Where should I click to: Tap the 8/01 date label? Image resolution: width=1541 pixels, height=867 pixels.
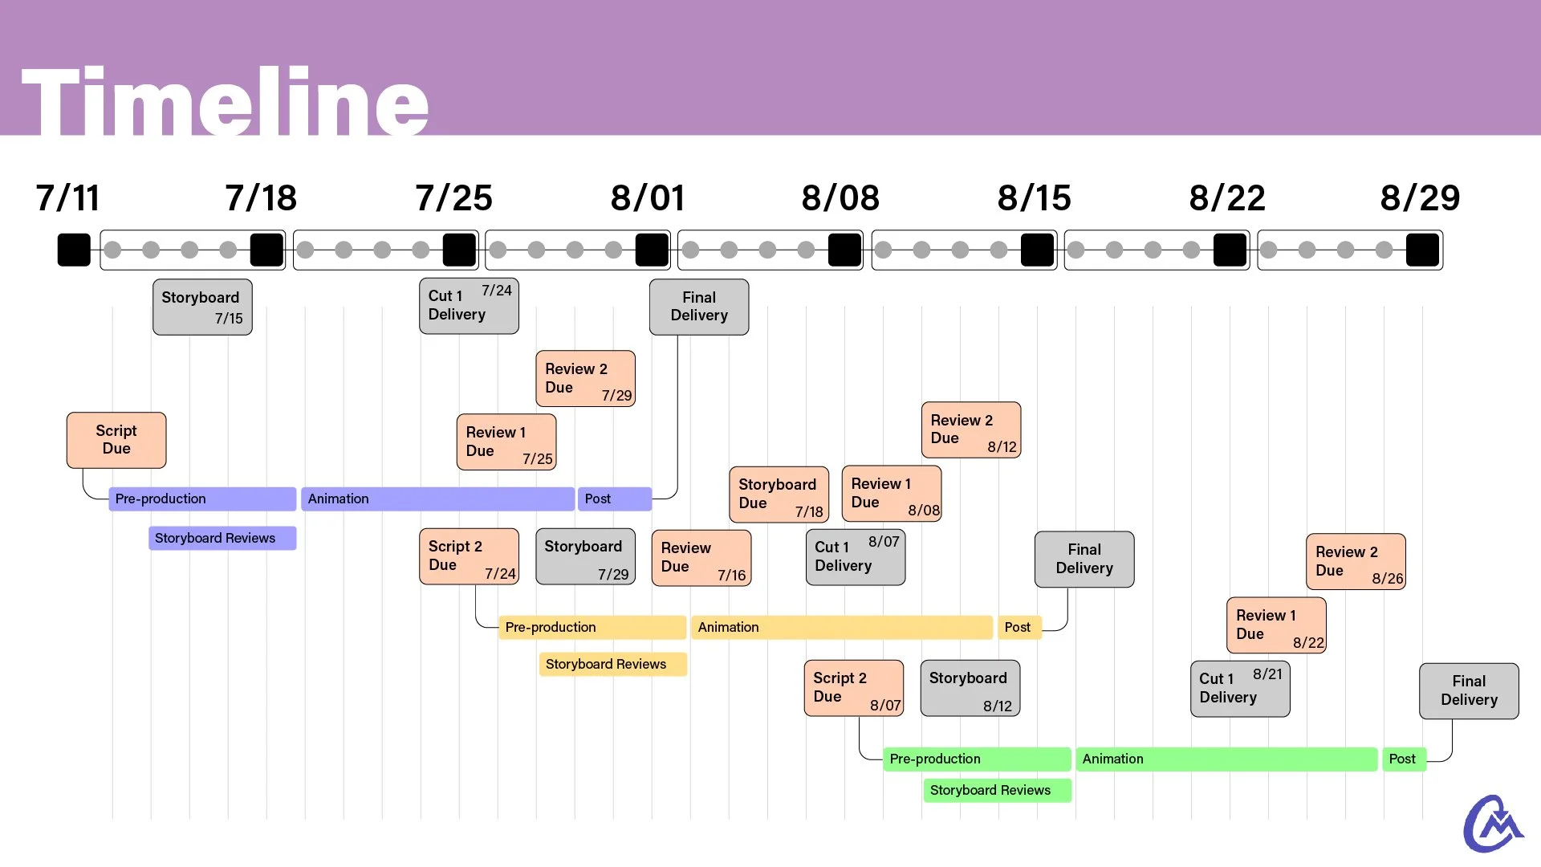(647, 198)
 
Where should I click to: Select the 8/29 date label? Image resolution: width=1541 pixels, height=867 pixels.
(1419, 198)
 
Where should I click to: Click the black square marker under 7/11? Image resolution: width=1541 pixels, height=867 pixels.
(74, 250)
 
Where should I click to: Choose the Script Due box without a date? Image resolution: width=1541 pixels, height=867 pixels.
(116, 440)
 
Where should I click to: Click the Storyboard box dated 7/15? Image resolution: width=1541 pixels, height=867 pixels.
(202, 307)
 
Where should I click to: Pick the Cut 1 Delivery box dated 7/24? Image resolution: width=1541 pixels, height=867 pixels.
(469, 306)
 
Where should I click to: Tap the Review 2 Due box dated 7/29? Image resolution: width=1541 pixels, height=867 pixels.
(585, 378)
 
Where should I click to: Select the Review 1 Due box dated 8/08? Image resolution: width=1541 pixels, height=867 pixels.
(891, 494)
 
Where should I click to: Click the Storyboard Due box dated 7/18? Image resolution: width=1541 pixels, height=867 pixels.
(779, 495)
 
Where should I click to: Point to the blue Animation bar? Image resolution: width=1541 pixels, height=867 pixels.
(437, 499)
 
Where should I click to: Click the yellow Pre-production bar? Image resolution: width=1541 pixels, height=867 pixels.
(592, 627)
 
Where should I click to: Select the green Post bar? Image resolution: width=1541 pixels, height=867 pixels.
(1403, 759)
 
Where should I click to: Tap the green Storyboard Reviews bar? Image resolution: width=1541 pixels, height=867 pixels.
(997, 790)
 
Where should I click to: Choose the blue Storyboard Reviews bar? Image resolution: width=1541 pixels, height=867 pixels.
(222, 538)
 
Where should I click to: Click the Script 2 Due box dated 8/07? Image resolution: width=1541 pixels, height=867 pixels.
(853, 688)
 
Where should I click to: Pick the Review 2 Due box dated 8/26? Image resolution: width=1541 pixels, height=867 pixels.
(1356, 561)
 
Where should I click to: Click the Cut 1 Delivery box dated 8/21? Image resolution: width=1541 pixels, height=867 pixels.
(1240, 689)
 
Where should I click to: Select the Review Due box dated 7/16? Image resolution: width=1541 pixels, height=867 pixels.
(701, 558)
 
